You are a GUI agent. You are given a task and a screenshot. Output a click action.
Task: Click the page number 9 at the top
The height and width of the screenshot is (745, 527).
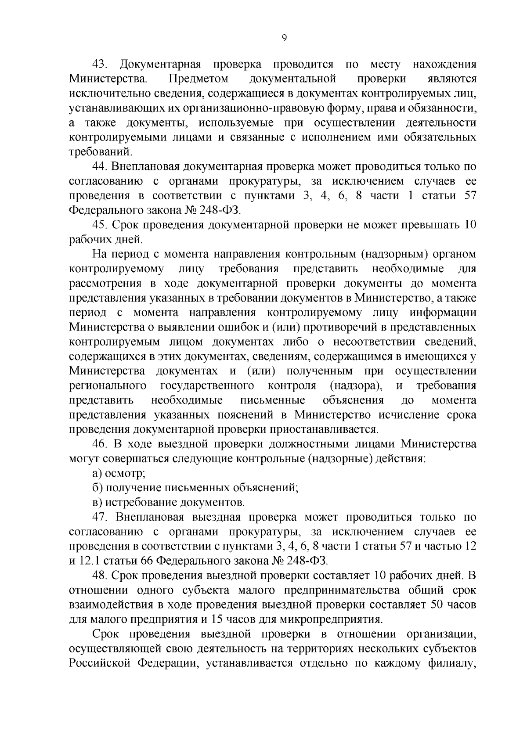click(284, 38)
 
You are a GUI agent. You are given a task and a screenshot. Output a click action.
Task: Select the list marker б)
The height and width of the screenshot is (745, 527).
click(97, 488)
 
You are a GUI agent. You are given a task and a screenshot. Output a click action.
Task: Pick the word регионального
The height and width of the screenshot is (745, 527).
click(108, 386)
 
